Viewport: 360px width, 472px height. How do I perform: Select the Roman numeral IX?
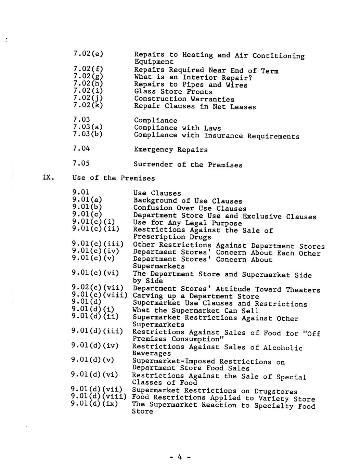[x=47, y=178]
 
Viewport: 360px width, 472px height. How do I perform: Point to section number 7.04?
[x=81, y=148]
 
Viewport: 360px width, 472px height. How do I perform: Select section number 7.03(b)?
[x=88, y=134]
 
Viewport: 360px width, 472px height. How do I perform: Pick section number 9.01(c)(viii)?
[x=99, y=295]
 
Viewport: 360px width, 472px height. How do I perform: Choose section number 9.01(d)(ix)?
[x=94, y=404]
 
